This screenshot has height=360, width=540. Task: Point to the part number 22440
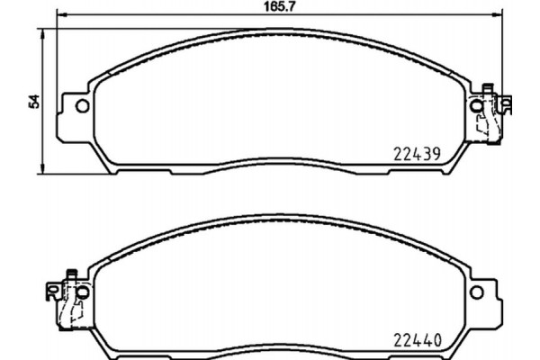click(417, 339)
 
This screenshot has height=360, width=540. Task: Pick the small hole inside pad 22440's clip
click(54, 291)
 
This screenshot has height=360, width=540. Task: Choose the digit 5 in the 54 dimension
click(34, 104)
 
